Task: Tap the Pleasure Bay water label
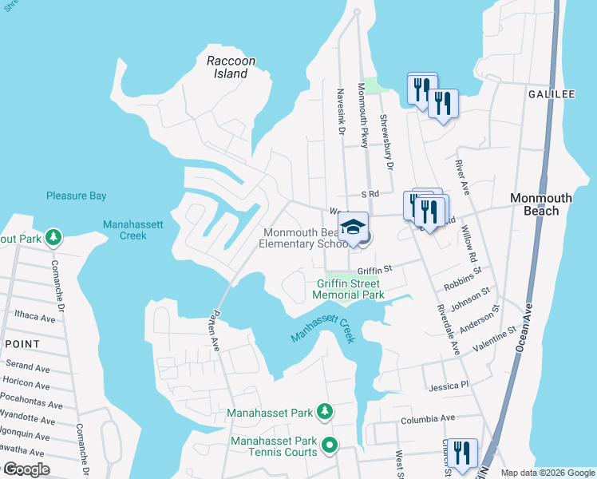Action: coord(76,196)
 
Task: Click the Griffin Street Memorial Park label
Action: coord(349,289)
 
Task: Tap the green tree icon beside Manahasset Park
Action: coord(324,412)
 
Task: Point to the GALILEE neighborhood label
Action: coord(551,94)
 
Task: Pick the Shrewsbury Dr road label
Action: coord(386,142)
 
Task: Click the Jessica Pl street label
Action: coord(447,386)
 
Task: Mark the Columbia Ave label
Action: coord(427,418)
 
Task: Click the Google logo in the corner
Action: coord(26,469)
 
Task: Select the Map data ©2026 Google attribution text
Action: coord(547,473)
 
